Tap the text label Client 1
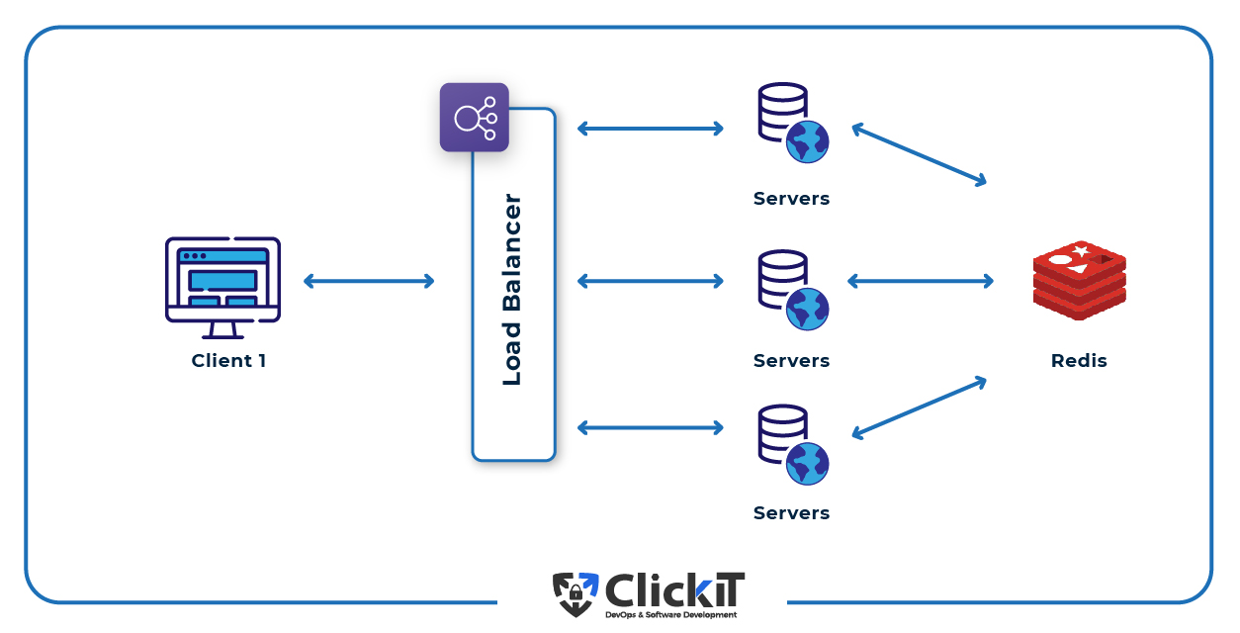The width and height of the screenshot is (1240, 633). pos(228,361)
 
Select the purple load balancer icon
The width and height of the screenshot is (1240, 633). pos(475,118)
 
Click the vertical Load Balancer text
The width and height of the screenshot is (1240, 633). pos(512,290)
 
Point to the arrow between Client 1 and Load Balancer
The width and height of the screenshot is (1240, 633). pos(368,281)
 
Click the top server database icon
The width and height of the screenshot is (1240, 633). pos(792,124)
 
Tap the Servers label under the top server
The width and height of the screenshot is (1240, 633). pos(791,199)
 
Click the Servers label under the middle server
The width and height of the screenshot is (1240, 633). pos(791,361)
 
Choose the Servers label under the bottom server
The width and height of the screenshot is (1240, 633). pos(791,513)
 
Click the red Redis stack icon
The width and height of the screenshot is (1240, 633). pos(1079,280)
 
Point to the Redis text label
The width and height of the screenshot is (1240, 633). pos(1079,361)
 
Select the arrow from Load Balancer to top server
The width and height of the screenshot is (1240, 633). pos(651,128)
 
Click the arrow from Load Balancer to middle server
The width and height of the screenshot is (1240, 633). pos(651,281)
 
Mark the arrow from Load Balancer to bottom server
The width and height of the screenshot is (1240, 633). pos(651,427)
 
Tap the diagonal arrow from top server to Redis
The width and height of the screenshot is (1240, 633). pos(919,154)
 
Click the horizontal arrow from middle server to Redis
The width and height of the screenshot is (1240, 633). pos(920,281)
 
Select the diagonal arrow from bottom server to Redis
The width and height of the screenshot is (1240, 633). pos(919,407)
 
